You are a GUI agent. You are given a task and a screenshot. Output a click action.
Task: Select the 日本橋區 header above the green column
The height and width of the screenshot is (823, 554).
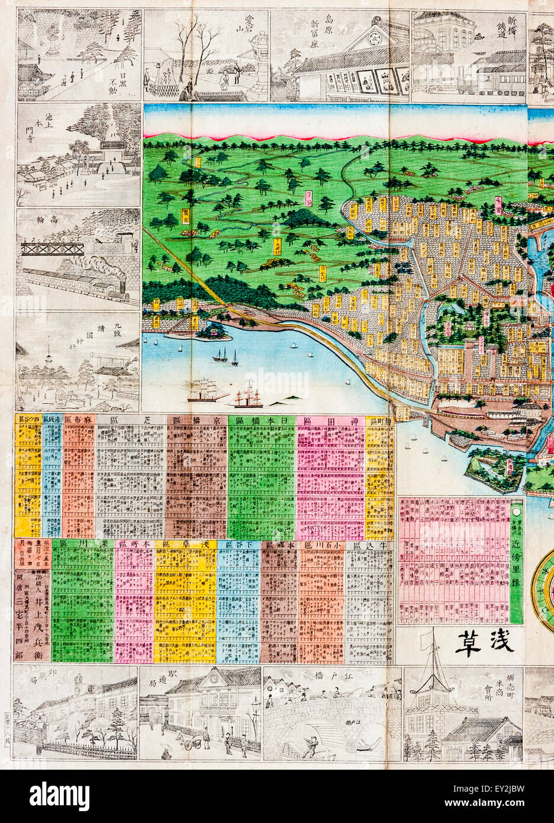pyautogui.click(x=262, y=420)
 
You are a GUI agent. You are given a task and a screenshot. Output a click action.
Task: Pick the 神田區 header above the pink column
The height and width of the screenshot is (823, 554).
pyautogui.click(x=330, y=420)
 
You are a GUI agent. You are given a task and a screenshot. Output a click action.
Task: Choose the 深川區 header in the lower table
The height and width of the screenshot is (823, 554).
pyautogui.click(x=82, y=544)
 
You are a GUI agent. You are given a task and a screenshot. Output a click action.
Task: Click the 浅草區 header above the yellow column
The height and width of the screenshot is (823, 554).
pyautogui.click(x=185, y=544)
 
